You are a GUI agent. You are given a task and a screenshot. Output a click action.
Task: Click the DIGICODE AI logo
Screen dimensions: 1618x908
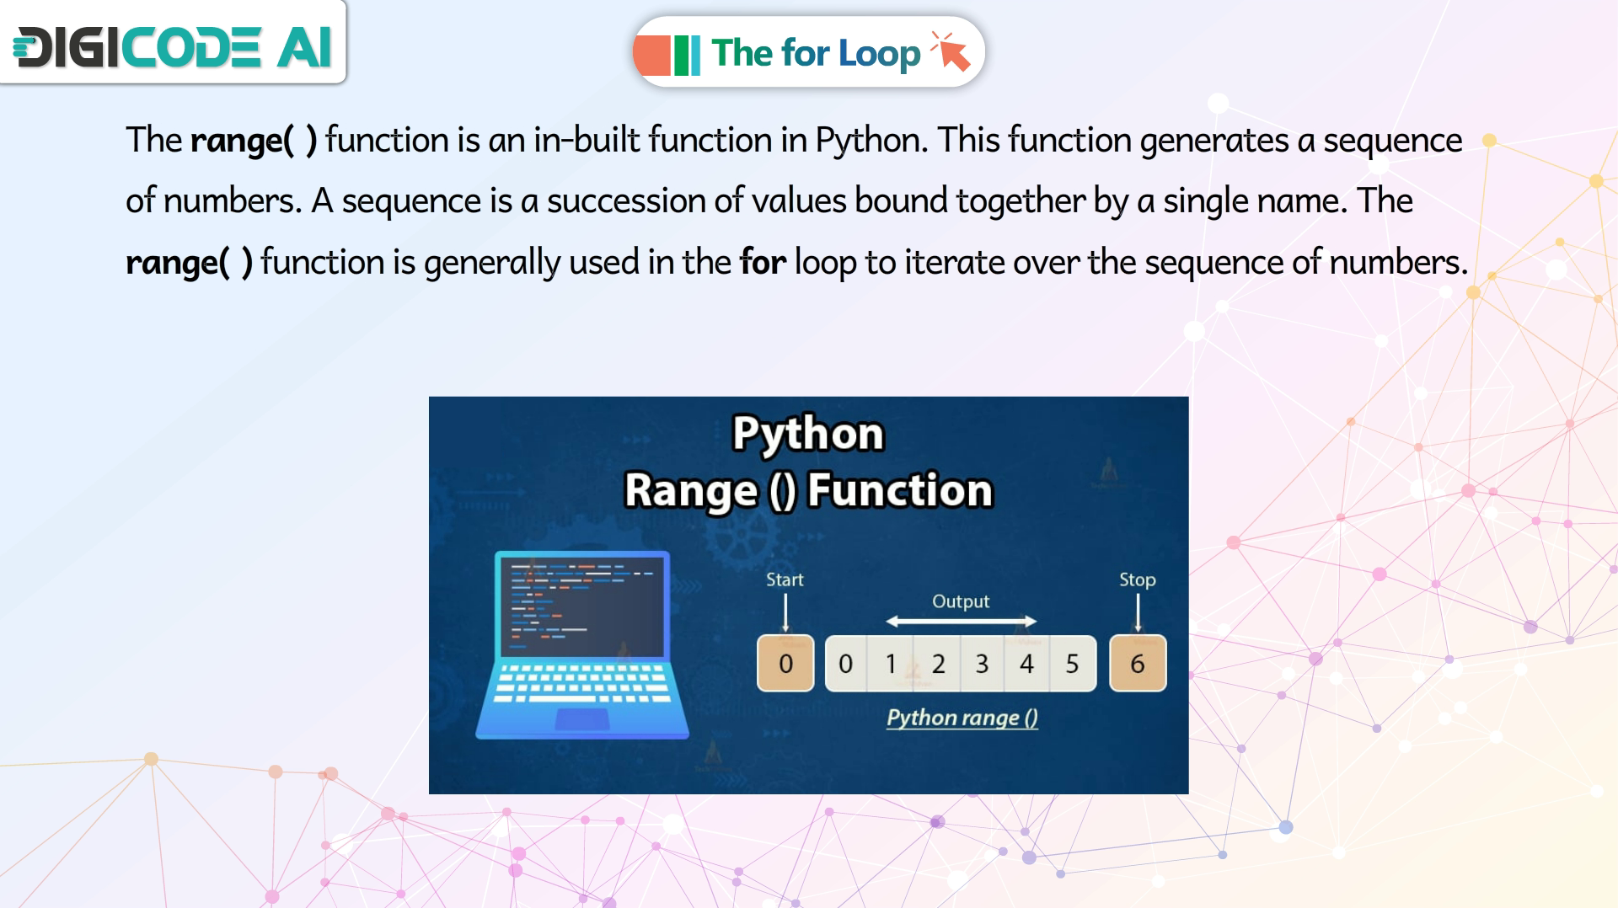[173, 46]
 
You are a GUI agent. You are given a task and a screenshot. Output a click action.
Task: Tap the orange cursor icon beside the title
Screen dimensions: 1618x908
[951, 51]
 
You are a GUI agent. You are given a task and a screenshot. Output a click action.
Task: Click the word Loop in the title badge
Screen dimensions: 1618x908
[879, 54]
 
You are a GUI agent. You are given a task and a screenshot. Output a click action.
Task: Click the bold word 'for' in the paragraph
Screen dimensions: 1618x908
[763, 262]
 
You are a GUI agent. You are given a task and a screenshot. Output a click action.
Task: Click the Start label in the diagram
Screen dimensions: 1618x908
[785, 580]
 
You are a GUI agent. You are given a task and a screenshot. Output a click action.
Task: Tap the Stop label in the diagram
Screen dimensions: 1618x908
[1137, 580]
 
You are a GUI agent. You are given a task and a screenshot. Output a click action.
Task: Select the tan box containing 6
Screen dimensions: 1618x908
[1138, 663]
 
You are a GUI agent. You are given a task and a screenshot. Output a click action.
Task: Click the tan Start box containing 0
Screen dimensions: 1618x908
[785, 663]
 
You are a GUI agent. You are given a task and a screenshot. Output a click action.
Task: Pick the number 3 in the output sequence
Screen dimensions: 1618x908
[982, 664]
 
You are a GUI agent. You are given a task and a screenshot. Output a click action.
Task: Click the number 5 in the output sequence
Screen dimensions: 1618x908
[1072, 664]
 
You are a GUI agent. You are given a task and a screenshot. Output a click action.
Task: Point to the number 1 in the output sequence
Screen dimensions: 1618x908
[890, 664]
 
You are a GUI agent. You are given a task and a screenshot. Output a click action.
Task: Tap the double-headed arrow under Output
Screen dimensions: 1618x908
[961, 622]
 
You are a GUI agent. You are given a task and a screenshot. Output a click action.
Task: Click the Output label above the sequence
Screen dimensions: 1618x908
[961, 601]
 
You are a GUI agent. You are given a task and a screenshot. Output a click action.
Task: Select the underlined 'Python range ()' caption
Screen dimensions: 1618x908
[962, 718]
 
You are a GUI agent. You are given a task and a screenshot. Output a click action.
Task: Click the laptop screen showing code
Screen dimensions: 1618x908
[581, 606]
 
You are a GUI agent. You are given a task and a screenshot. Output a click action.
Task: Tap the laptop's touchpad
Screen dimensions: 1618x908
[582, 718]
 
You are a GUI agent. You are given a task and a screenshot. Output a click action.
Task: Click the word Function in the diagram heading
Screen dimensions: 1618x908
[900, 490]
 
